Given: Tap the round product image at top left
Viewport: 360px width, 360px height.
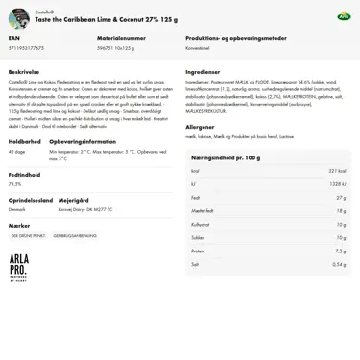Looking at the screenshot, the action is [x=18, y=18].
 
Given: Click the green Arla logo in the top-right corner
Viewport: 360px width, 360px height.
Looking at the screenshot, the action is [x=343, y=16].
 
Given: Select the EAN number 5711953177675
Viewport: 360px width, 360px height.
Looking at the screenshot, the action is [x=27, y=47].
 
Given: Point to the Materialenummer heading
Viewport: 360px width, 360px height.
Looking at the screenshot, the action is [x=122, y=39].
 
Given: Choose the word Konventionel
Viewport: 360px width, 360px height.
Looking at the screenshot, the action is [x=198, y=47].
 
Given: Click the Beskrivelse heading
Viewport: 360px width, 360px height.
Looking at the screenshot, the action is [x=24, y=71].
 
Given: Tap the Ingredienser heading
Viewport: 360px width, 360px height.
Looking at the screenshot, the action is [x=203, y=71].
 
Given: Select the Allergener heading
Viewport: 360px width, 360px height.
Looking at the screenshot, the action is [x=200, y=126].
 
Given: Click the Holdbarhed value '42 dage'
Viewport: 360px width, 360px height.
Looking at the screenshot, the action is [x=17, y=151].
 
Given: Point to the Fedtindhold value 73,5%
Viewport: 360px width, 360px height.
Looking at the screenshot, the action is [x=15, y=183].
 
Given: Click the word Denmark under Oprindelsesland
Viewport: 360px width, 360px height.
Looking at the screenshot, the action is [x=17, y=208].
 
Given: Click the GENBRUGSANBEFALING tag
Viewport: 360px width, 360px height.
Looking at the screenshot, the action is [x=75, y=235].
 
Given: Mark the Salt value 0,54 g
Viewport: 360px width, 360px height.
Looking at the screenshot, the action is [x=338, y=264].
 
